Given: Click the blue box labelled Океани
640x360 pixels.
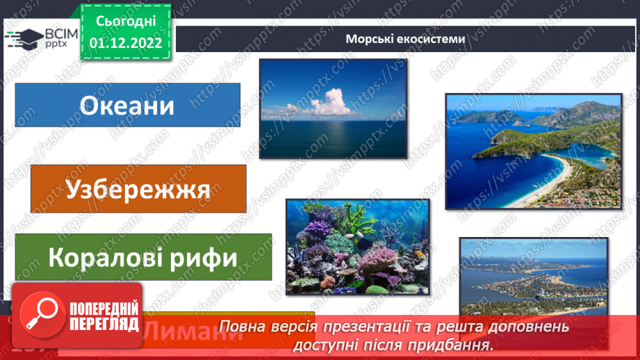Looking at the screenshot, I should point(127,106).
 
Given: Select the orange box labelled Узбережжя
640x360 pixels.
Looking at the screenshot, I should point(138,188).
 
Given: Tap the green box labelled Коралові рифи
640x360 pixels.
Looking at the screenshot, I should point(143,258).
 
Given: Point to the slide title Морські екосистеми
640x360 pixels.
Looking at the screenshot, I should point(406,39).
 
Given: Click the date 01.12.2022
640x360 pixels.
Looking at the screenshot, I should point(126,42).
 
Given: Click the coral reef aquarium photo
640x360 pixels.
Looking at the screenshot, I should point(357,247).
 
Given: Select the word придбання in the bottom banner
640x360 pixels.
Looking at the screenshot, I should point(461,344).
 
